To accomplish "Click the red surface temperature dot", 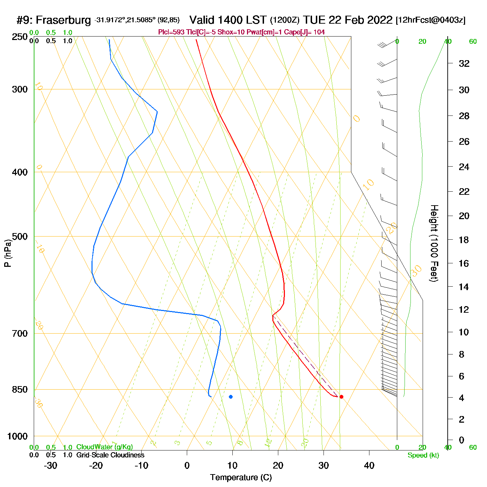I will [x=341, y=397].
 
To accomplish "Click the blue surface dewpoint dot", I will [x=231, y=397].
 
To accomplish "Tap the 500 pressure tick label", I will [x=19, y=237].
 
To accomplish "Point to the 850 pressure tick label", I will [x=19, y=390].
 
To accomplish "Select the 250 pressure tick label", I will [x=19, y=37].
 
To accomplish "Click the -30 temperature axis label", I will [x=50, y=465].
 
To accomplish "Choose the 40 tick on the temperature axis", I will [x=369, y=465].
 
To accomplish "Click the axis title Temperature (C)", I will [x=241, y=478].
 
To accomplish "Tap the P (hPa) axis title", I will [x=8, y=253].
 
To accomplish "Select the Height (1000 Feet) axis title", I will [x=434, y=243].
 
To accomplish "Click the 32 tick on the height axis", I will [x=464, y=63].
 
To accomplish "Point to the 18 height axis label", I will [x=464, y=240].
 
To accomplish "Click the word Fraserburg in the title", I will [x=63, y=20].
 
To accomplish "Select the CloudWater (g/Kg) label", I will [x=104, y=447].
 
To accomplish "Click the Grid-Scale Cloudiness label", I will [x=110, y=455].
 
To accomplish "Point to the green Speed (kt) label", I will [x=423, y=455].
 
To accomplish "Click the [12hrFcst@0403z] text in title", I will [x=430, y=20].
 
